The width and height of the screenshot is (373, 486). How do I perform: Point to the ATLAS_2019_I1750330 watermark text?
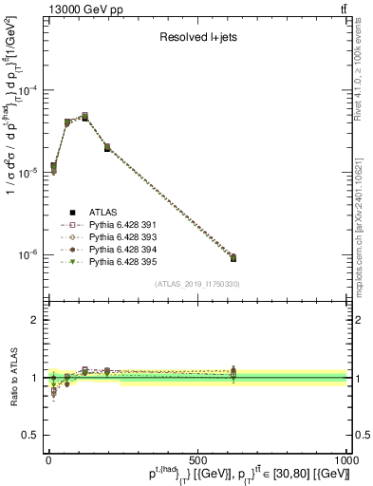[x=196, y=284]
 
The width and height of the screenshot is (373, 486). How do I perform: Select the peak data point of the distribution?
[x=84, y=117]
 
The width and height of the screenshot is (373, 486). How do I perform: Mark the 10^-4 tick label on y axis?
[x=29, y=91]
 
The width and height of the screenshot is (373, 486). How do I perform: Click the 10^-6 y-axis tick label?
[x=29, y=255]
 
